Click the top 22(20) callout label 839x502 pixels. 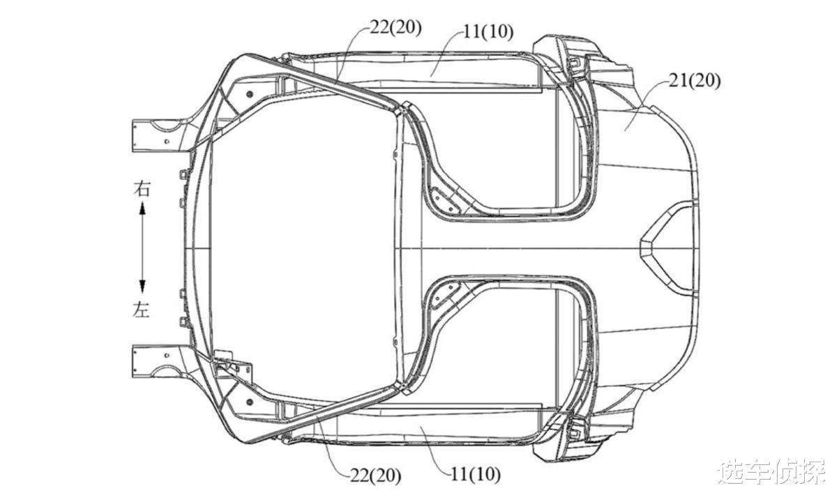(396, 28)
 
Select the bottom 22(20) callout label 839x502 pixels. (375, 476)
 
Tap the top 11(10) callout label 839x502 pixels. (488, 32)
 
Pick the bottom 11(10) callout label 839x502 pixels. (476, 475)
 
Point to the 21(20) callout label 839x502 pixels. (695, 82)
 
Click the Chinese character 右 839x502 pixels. (142, 189)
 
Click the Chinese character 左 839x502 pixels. (141, 310)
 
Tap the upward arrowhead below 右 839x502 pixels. (142, 209)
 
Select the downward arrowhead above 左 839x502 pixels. (142, 287)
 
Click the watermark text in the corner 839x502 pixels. (772, 471)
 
